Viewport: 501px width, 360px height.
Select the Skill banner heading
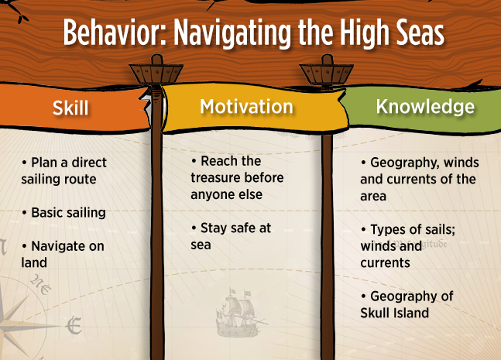tap(70, 108)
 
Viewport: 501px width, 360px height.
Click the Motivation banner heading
tap(246, 106)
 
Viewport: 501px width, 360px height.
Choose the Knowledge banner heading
tap(425, 107)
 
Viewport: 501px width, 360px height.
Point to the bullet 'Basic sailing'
tap(64, 213)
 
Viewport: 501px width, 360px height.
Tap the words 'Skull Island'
tap(395, 313)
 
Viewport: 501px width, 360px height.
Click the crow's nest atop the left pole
tap(156, 70)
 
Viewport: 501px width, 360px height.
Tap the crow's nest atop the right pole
tap(327, 70)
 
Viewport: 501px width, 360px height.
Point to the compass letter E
tap(74, 325)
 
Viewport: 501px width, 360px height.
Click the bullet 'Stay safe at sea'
tap(231, 236)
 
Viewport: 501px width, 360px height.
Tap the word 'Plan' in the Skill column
tap(44, 163)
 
